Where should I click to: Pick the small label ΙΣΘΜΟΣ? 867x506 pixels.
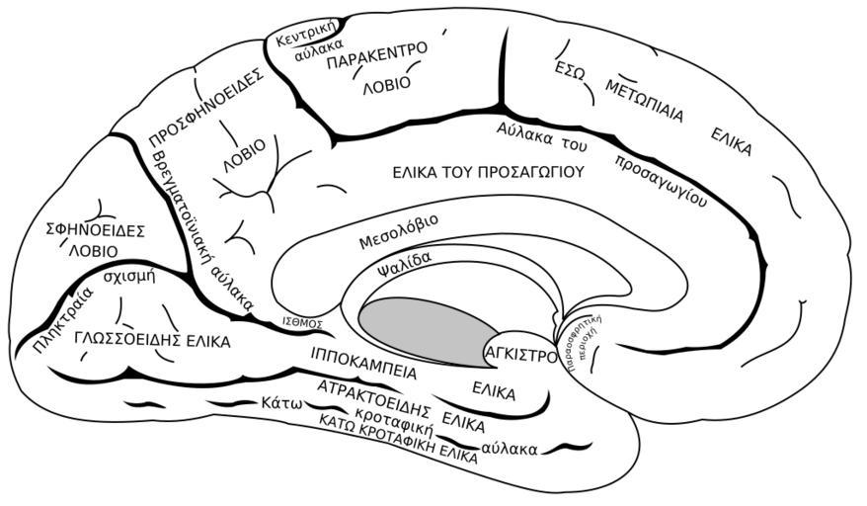point(302,323)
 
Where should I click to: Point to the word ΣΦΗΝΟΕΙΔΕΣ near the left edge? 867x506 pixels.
point(96,230)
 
